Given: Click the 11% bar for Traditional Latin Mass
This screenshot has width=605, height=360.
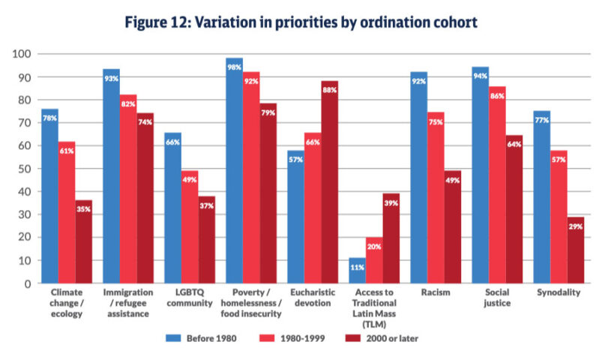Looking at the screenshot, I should pyautogui.click(x=357, y=271).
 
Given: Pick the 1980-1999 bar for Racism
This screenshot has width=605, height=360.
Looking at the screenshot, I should pyautogui.click(x=436, y=198).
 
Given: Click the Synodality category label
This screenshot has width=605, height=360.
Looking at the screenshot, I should pyautogui.click(x=557, y=293).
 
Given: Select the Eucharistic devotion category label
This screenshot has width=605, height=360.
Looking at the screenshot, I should pyautogui.click(x=312, y=298).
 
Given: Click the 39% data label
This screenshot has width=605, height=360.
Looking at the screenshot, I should pyautogui.click(x=391, y=203).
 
